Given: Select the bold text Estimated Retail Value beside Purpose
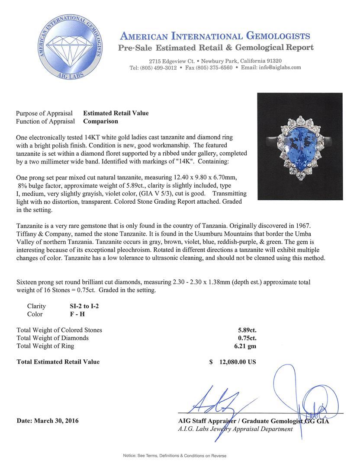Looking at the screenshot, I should [x=116, y=113].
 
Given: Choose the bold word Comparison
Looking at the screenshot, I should [x=100, y=122].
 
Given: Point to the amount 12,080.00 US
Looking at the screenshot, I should [x=237, y=362].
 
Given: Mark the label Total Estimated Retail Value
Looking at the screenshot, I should [x=58, y=362].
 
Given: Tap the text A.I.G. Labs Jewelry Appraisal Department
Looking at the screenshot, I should [x=235, y=429].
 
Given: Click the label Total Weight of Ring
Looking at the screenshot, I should [x=45, y=346].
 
